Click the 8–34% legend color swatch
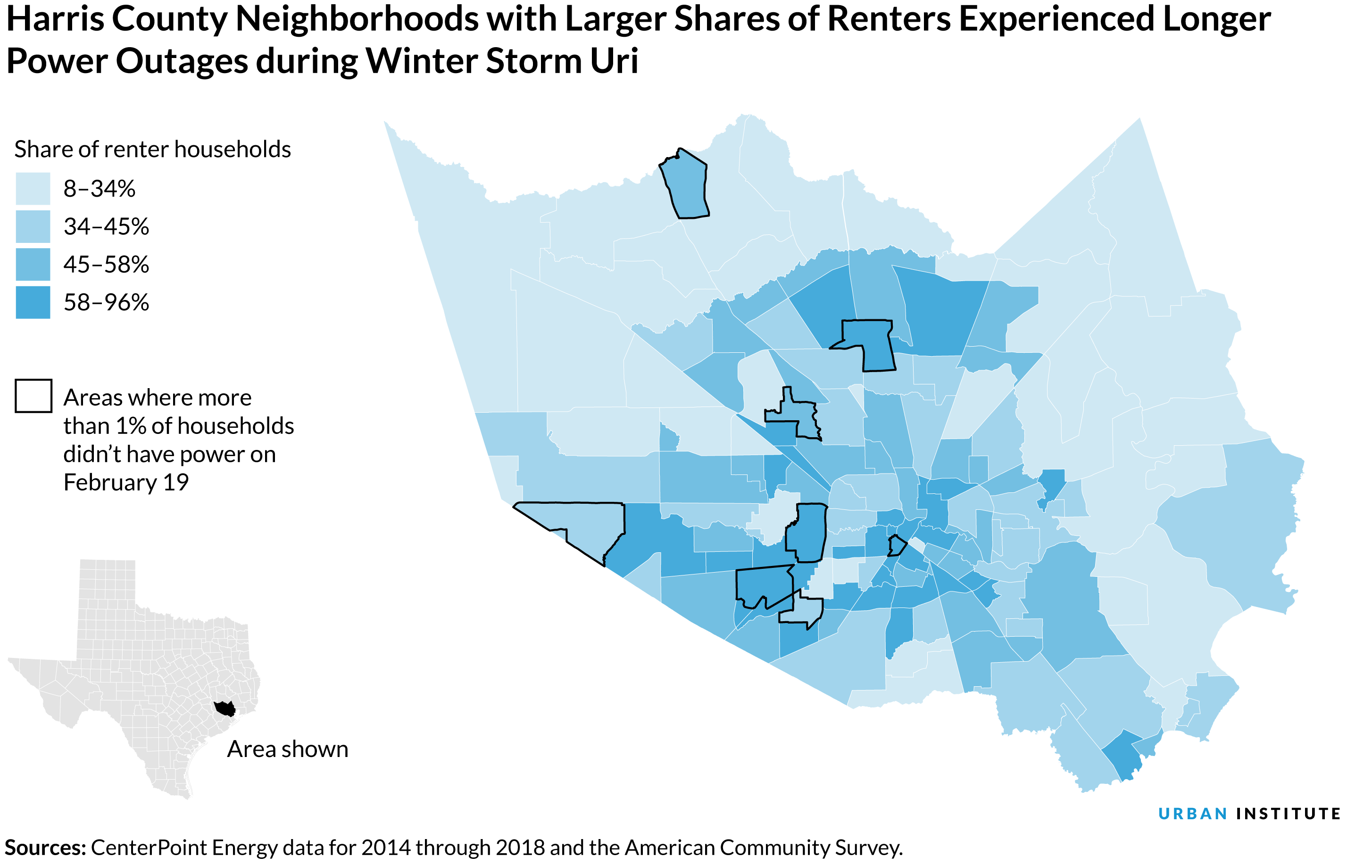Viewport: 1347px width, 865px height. click(33, 188)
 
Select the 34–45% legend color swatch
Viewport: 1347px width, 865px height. click(33, 226)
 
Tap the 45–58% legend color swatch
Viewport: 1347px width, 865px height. click(33, 264)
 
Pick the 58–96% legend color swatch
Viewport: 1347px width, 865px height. click(33, 302)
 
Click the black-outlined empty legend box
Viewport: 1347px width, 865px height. click(33, 396)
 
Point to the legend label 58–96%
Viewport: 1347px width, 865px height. click(106, 302)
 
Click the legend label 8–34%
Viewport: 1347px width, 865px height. click(100, 188)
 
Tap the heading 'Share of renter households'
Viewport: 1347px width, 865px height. click(152, 150)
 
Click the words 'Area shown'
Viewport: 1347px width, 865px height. click(288, 749)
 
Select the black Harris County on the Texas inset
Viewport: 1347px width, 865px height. click(226, 709)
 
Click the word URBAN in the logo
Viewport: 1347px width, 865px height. click(1192, 814)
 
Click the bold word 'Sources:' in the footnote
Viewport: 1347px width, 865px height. click(45, 848)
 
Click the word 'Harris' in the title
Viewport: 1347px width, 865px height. click(55, 19)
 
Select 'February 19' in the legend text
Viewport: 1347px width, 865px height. click(126, 482)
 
